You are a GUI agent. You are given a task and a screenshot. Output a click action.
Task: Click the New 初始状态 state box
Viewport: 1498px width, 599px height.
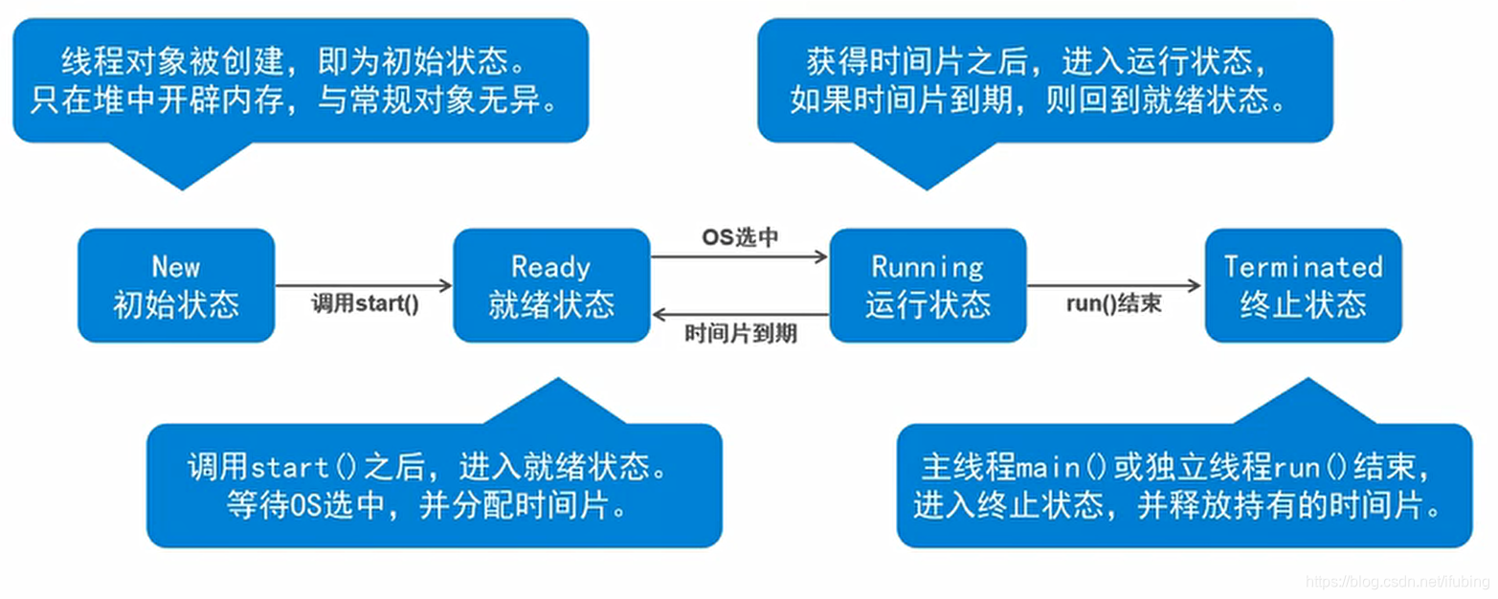click(176, 285)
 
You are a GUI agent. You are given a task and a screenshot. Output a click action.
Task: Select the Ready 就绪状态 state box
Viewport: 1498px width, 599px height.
click(551, 285)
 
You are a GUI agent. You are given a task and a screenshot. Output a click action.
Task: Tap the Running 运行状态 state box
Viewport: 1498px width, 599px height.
click(928, 285)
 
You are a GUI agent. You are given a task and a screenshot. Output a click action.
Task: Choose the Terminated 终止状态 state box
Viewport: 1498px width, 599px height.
click(1303, 285)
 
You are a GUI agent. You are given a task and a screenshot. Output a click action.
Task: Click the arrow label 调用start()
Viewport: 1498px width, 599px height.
click(366, 305)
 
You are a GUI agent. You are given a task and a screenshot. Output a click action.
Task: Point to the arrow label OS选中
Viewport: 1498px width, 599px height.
click(740, 238)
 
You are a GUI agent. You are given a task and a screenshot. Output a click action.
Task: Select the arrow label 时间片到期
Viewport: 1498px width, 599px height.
click(741, 334)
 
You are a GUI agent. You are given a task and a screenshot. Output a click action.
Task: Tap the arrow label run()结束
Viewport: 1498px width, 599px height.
click(1114, 305)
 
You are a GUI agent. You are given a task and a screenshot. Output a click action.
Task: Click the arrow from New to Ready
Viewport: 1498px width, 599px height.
click(363, 285)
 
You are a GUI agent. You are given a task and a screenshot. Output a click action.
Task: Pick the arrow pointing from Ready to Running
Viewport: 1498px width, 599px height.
click(739, 256)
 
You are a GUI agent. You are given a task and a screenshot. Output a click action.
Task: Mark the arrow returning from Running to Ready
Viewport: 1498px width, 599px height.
click(739, 315)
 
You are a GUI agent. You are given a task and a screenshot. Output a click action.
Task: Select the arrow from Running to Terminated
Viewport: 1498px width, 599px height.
click(1114, 285)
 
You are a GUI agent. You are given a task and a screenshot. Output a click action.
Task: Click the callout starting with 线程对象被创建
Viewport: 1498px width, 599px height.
click(300, 81)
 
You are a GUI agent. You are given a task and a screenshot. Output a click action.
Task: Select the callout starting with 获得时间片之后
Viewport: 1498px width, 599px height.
click(1044, 81)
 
